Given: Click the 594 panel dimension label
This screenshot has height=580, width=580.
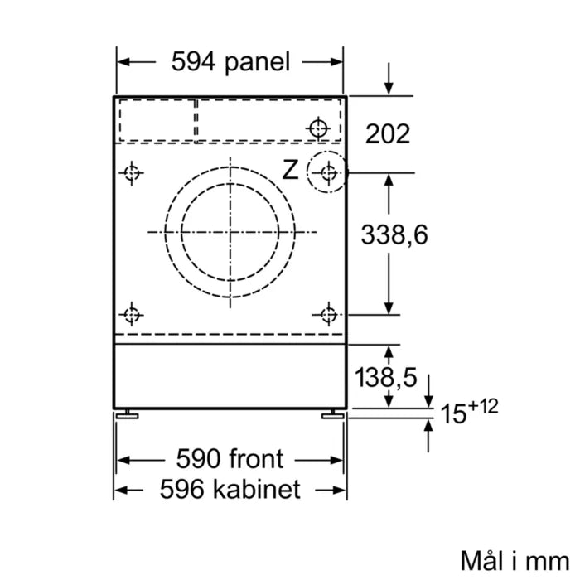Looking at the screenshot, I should [x=230, y=61].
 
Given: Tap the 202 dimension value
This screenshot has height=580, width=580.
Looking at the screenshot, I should [x=388, y=133].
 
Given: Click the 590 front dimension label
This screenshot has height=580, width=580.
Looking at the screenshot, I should [x=230, y=458].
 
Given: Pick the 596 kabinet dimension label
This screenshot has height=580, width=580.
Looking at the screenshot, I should [x=230, y=491].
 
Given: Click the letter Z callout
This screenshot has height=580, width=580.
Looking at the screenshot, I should [x=290, y=171].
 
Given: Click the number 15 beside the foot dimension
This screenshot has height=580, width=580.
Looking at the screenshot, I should [x=454, y=413].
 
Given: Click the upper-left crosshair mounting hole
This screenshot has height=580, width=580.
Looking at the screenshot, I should [x=130, y=173].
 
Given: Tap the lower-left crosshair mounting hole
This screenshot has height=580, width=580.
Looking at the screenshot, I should [x=130, y=314].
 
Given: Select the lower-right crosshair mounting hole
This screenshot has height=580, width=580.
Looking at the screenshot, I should [x=329, y=314].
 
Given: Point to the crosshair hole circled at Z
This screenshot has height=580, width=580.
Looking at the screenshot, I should [x=328, y=173].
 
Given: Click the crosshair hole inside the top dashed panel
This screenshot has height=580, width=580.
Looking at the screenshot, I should [x=317, y=128].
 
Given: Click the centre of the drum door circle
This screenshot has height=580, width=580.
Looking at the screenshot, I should [x=230, y=231].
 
